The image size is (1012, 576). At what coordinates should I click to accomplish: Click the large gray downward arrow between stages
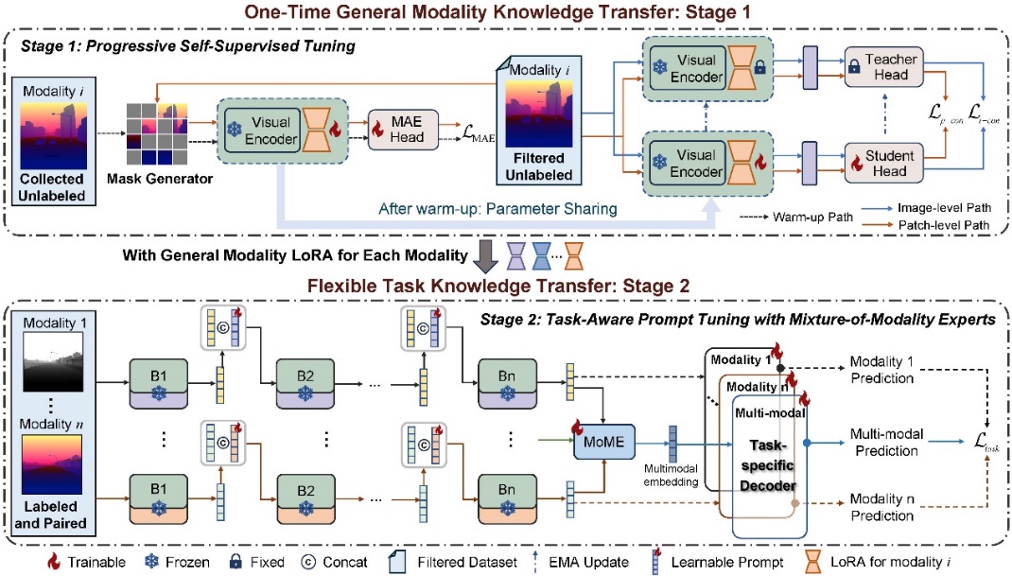coord(483,254)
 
